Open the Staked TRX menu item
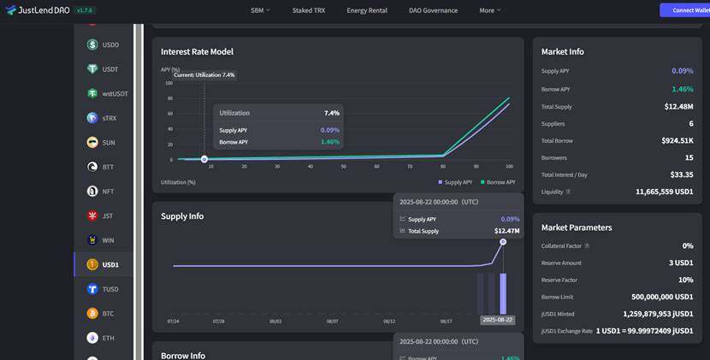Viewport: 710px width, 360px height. coord(309,10)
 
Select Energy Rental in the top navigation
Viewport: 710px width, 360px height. coord(367,10)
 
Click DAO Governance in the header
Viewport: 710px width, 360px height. coord(433,10)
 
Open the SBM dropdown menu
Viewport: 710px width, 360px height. coord(260,10)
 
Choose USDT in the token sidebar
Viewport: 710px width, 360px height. coord(109,69)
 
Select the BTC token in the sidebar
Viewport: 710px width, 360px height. coord(108,314)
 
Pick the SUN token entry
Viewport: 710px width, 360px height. coord(108,143)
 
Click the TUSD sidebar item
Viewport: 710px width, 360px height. coord(109,289)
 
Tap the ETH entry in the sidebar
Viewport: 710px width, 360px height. coord(108,339)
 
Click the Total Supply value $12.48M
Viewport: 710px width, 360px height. coord(678,107)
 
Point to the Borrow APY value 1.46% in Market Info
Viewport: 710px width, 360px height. coord(682,89)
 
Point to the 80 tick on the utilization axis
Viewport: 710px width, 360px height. coord(443,166)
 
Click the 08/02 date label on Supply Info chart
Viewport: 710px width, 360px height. coord(275,322)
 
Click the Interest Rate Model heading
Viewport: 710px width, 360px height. coord(197,51)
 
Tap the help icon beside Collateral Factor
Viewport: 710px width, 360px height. coord(587,246)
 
